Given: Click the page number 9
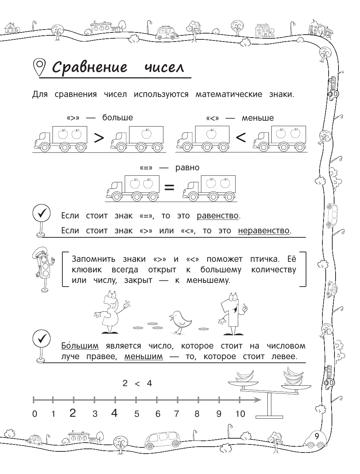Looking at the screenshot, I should (x=317, y=436).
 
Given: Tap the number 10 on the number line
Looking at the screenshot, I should (x=240, y=413).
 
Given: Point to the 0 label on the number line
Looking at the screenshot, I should (x=35, y=414).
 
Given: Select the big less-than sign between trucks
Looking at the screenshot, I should (x=241, y=138).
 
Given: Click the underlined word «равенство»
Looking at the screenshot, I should (x=218, y=215).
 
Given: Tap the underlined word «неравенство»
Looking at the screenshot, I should (x=264, y=230).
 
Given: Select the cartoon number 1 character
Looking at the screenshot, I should (x=231, y=314).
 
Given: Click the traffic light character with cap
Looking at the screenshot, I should (x=43, y=269).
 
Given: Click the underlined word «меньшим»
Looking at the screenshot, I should (x=144, y=356).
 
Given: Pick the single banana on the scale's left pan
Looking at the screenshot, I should (x=244, y=376).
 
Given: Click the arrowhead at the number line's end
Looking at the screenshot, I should (x=258, y=400).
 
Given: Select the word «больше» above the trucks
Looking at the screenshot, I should (x=117, y=118).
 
